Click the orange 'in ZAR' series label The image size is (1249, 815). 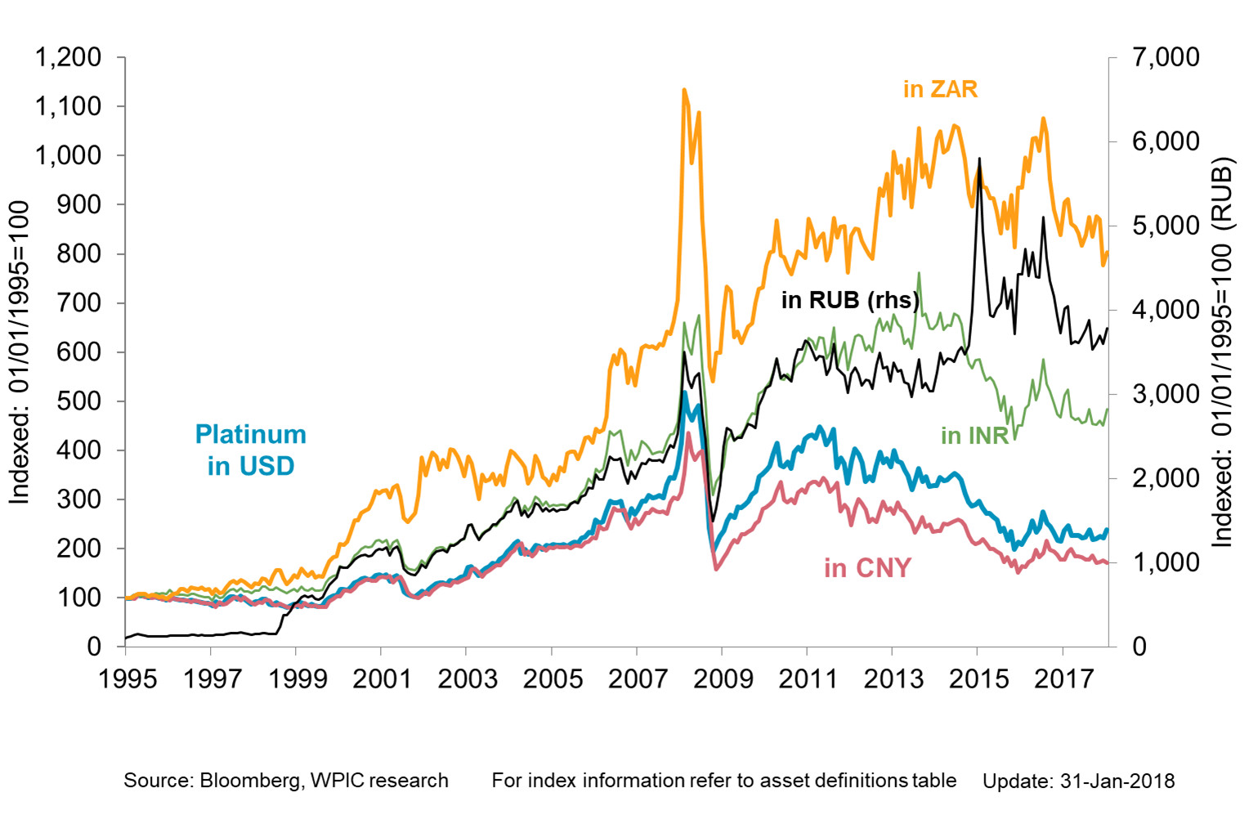(x=940, y=88)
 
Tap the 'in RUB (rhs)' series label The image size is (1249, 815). (x=850, y=300)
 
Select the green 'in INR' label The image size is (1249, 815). (x=974, y=436)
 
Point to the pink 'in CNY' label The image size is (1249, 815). (x=866, y=567)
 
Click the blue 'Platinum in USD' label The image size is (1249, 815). (x=250, y=450)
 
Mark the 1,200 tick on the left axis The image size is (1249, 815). (x=68, y=57)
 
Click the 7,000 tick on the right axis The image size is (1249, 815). (x=1166, y=57)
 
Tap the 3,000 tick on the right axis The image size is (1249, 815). (x=1166, y=394)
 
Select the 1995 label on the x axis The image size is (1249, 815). (x=128, y=678)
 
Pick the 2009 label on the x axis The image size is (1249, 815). (x=723, y=678)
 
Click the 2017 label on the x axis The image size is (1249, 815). (x=1063, y=678)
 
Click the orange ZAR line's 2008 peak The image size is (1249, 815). (x=683, y=90)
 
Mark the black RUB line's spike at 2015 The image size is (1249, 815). (x=979, y=159)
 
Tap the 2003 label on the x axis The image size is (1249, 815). (x=468, y=678)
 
